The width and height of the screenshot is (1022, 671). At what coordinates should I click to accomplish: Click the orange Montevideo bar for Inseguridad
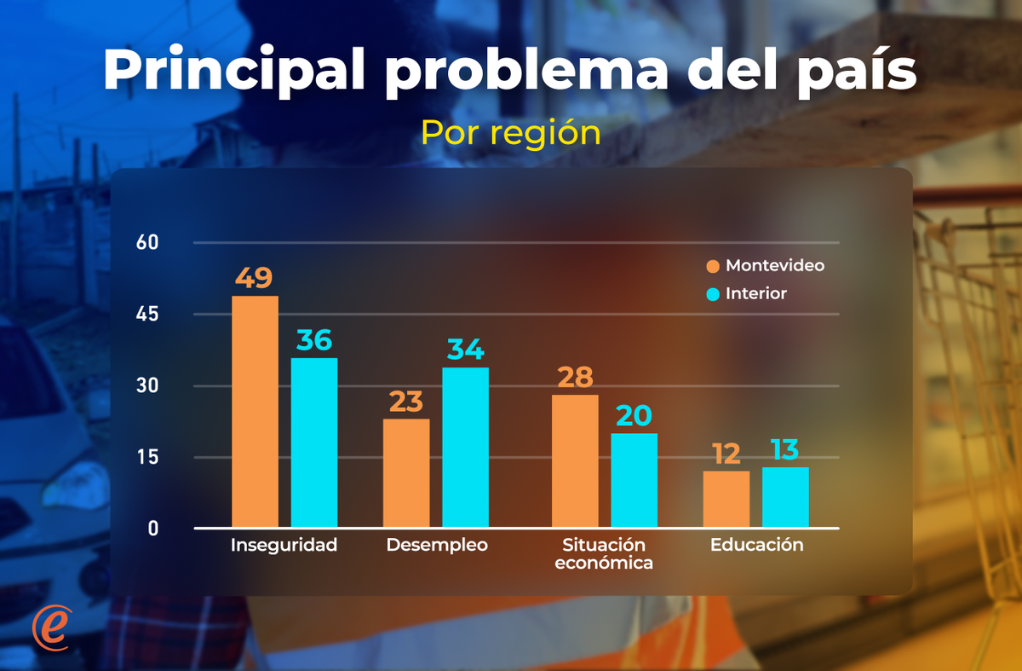click(x=255, y=411)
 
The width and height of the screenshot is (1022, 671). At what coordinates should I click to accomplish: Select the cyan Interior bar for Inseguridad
click(x=314, y=442)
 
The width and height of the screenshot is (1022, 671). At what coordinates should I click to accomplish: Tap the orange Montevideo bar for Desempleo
click(x=406, y=472)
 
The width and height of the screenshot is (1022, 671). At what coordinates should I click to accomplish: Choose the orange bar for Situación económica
click(x=575, y=460)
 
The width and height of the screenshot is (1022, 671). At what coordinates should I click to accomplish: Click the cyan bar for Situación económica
click(x=634, y=480)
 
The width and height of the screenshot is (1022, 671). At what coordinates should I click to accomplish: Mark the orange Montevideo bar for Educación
click(x=726, y=499)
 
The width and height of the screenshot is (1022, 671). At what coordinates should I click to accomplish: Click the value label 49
click(x=255, y=278)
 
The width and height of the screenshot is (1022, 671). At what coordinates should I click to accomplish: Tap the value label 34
click(x=465, y=350)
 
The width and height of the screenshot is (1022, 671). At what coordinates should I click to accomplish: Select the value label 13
click(x=785, y=450)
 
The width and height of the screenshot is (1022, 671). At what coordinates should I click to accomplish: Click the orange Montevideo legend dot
click(x=713, y=266)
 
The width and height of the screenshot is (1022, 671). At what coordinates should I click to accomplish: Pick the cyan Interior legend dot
click(x=713, y=294)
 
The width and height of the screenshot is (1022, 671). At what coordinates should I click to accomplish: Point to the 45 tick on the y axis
click(x=147, y=315)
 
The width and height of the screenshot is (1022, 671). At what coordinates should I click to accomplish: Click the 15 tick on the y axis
click(x=147, y=457)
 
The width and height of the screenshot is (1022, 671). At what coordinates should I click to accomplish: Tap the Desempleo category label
click(x=437, y=545)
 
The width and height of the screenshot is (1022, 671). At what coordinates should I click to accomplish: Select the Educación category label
click(x=756, y=545)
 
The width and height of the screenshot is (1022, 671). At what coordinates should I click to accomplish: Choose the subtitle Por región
click(x=511, y=133)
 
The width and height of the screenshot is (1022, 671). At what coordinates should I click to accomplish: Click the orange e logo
click(x=50, y=628)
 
